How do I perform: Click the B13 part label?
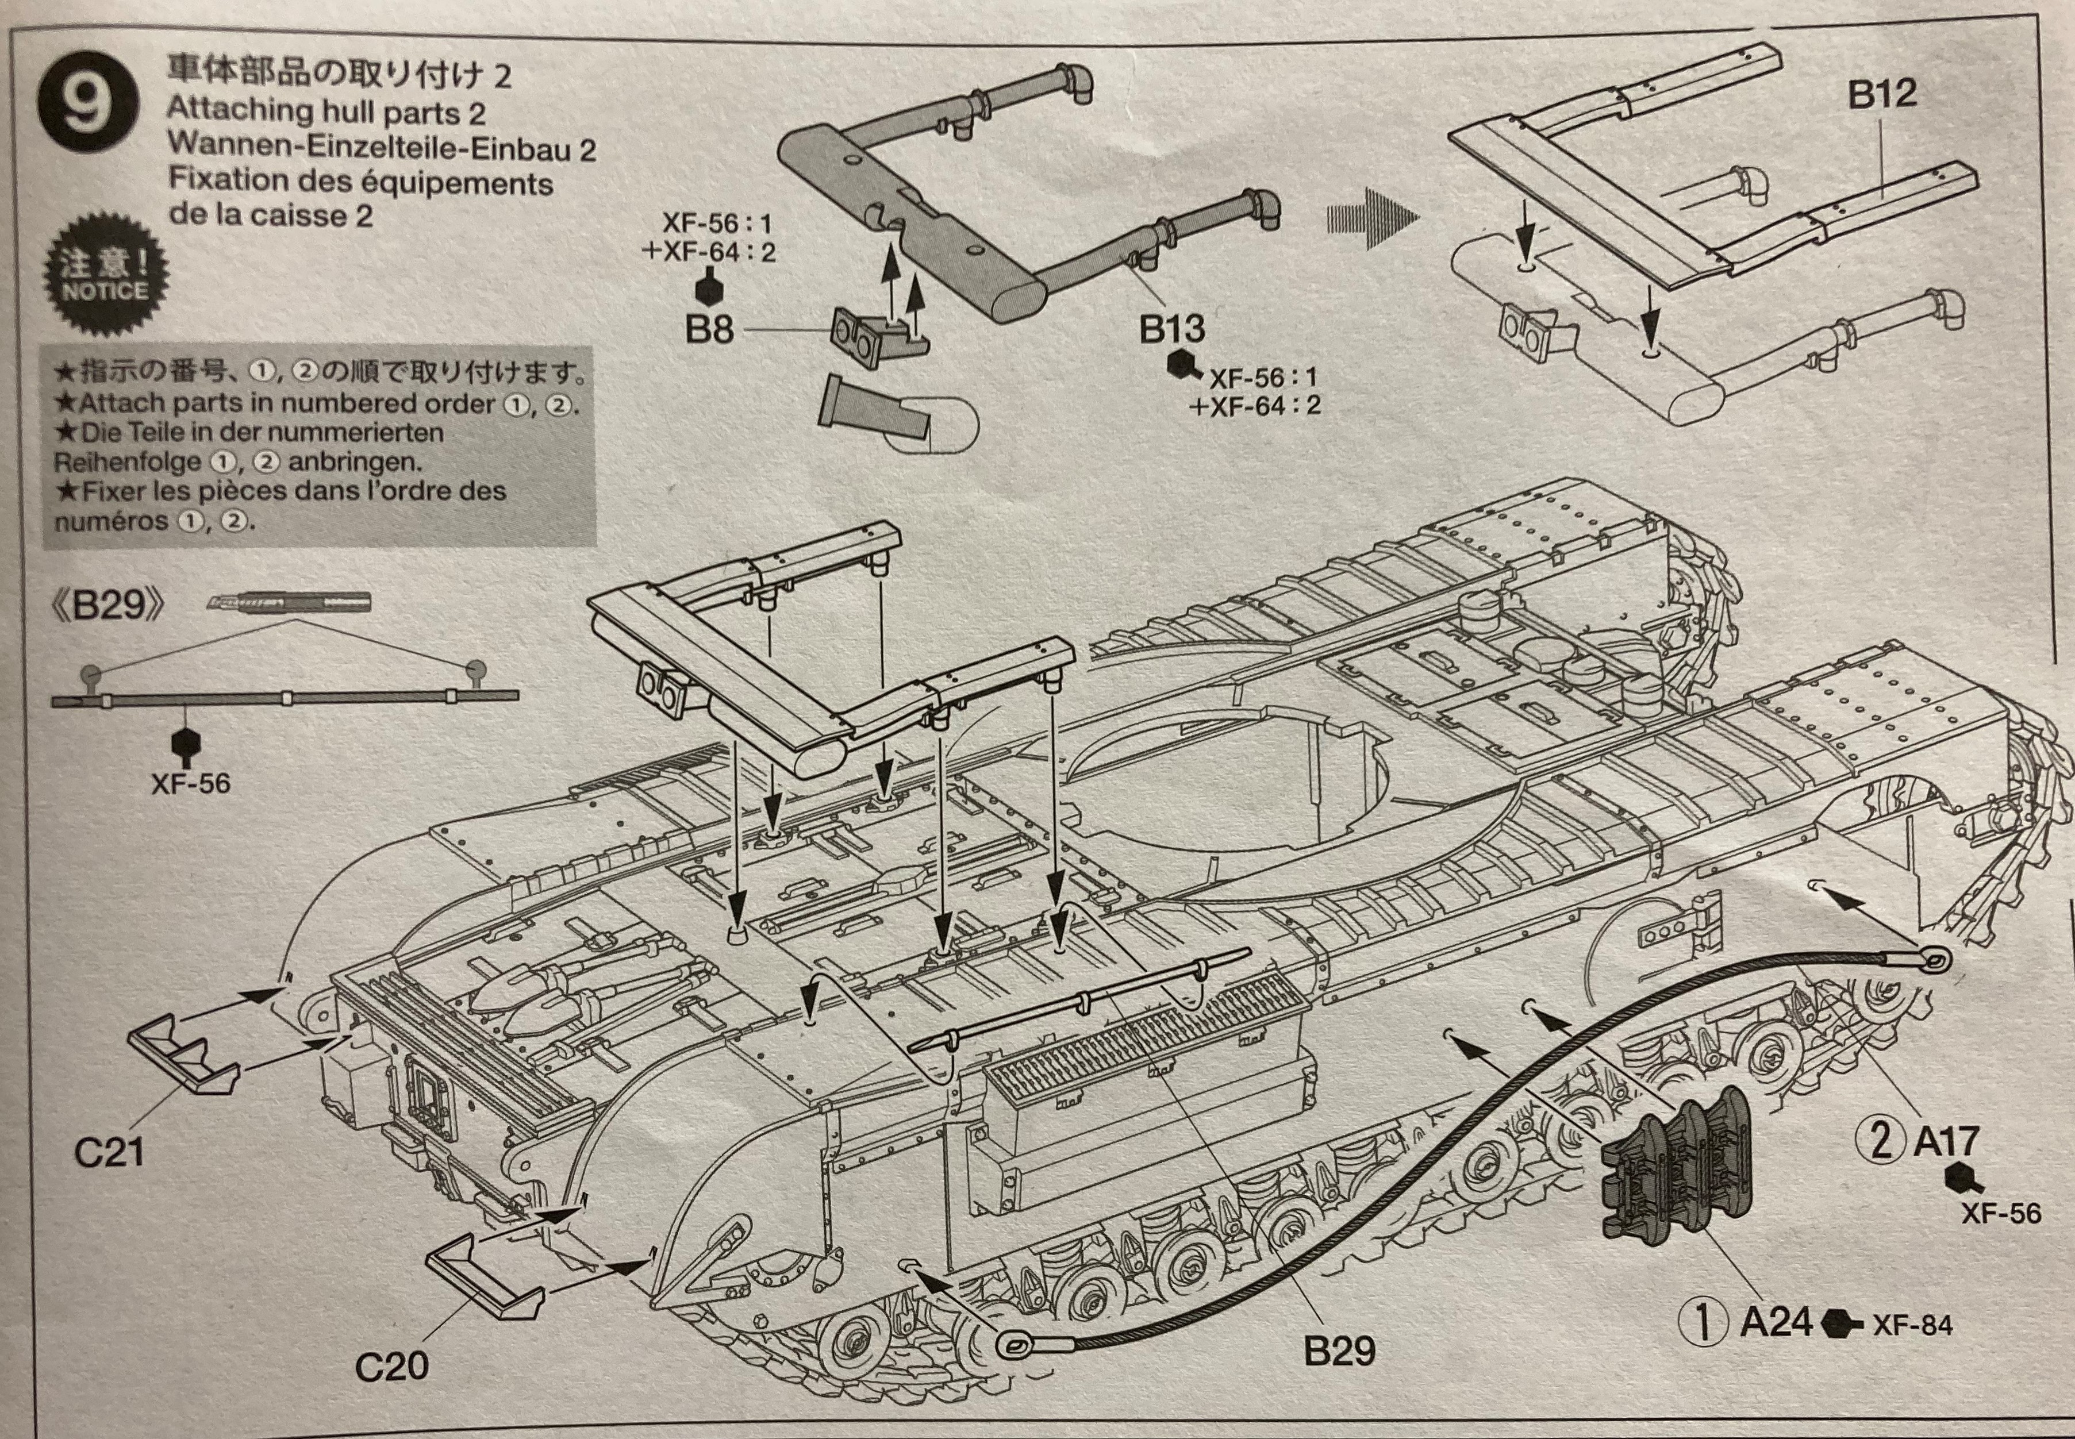(1171, 330)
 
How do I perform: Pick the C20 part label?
(391, 1367)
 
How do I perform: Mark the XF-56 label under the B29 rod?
(190, 783)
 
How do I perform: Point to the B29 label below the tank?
(1339, 1350)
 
